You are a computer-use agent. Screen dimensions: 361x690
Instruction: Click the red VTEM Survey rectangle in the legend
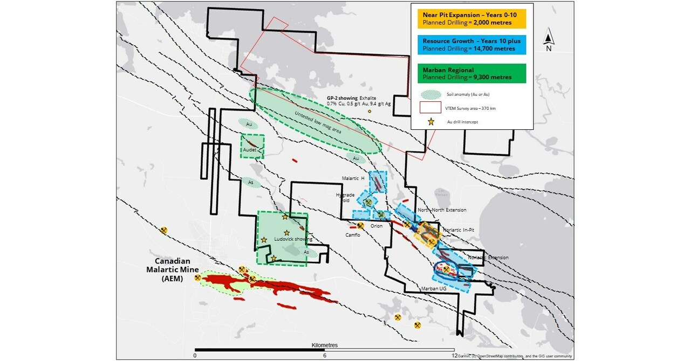pos(431,107)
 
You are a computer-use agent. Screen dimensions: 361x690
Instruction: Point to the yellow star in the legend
pos(431,122)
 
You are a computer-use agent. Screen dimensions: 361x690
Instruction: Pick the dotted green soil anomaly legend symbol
pos(431,94)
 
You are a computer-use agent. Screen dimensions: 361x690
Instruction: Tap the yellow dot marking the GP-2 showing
pos(370,112)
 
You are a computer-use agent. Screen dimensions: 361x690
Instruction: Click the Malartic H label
pos(353,178)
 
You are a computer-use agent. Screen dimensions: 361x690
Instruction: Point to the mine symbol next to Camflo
pos(360,225)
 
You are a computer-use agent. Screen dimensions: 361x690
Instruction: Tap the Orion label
pos(377,226)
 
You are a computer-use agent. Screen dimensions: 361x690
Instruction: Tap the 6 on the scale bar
pos(325,356)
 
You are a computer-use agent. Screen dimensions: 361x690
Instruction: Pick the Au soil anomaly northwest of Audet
pos(249,124)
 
